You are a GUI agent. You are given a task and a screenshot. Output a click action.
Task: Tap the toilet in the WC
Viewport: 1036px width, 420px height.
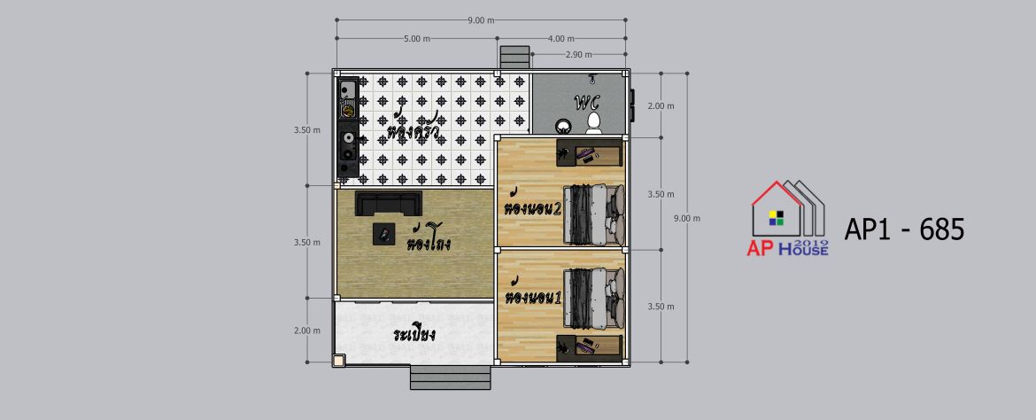[594, 123]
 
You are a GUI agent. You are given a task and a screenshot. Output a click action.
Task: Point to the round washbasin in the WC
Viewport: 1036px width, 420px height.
[563, 126]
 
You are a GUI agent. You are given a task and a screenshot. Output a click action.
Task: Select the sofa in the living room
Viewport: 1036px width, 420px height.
[389, 203]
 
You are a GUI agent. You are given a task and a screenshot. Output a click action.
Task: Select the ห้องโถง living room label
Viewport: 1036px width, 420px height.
[429, 239]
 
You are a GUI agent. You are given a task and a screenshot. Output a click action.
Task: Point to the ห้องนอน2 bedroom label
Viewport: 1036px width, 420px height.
[532, 206]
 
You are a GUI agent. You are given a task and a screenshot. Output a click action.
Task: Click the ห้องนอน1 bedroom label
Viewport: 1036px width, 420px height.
[532, 294]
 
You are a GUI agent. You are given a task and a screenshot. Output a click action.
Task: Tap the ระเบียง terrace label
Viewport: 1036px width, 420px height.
[413, 333]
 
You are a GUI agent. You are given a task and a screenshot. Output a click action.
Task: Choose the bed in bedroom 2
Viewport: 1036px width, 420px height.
[593, 214]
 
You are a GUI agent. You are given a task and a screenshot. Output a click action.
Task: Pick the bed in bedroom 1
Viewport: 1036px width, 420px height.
[593, 298]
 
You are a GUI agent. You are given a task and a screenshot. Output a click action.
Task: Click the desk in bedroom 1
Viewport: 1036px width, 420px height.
[589, 346]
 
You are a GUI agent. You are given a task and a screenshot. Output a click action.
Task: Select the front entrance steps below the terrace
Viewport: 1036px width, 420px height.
[450, 377]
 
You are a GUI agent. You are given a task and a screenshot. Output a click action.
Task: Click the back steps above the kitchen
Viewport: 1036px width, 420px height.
[514, 57]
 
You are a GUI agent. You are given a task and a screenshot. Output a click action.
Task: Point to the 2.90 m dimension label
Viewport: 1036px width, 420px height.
[579, 54]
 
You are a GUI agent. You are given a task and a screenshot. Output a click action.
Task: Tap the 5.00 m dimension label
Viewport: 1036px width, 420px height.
[416, 38]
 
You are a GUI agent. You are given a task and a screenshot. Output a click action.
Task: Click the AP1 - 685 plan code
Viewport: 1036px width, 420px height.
[904, 229]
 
